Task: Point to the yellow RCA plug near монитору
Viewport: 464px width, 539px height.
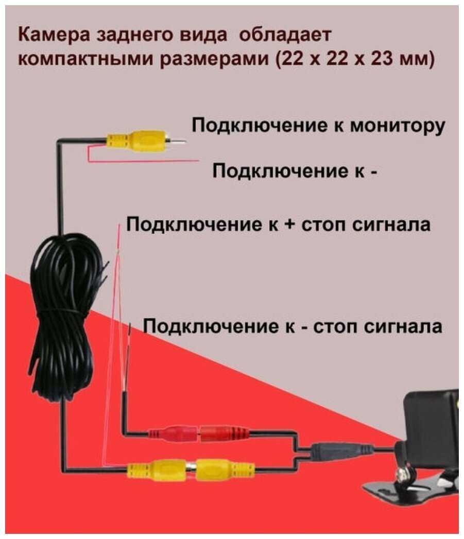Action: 138,142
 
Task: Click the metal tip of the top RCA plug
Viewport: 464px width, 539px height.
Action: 178,141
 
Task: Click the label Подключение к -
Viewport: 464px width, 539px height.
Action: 295,170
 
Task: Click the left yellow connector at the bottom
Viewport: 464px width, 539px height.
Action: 158,468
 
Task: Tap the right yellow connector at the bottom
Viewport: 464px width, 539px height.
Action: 225,468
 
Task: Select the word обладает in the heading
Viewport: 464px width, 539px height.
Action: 284,36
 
